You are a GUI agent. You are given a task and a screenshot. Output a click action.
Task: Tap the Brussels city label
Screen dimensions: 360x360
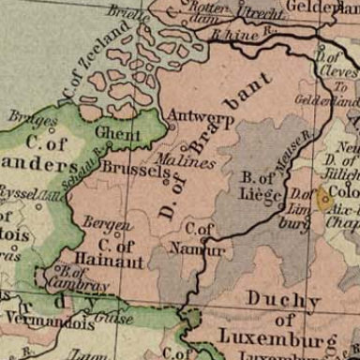(x=128, y=170)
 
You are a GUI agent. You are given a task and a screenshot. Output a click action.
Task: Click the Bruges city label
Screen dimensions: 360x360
(x=33, y=119)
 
